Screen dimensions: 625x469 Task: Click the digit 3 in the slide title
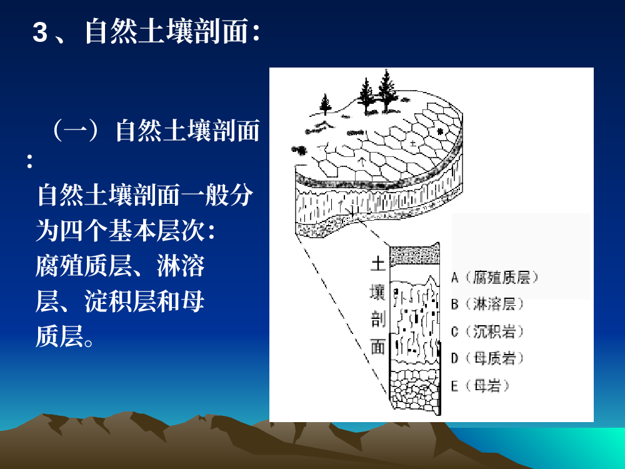click(x=40, y=32)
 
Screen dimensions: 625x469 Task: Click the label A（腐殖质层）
click(x=495, y=277)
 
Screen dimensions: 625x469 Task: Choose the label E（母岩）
click(x=481, y=386)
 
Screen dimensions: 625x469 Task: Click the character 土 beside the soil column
click(x=377, y=264)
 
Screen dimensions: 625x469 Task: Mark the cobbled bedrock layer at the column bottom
click(x=414, y=390)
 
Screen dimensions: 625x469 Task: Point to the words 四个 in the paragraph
click(x=84, y=231)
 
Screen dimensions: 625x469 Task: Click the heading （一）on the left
click(x=76, y=131)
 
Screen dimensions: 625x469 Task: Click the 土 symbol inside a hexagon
click(x=413, y=143)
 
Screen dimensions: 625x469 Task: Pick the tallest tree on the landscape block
click(x=386, y=89)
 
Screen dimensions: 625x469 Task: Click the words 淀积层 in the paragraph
click(x=120, y=301)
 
